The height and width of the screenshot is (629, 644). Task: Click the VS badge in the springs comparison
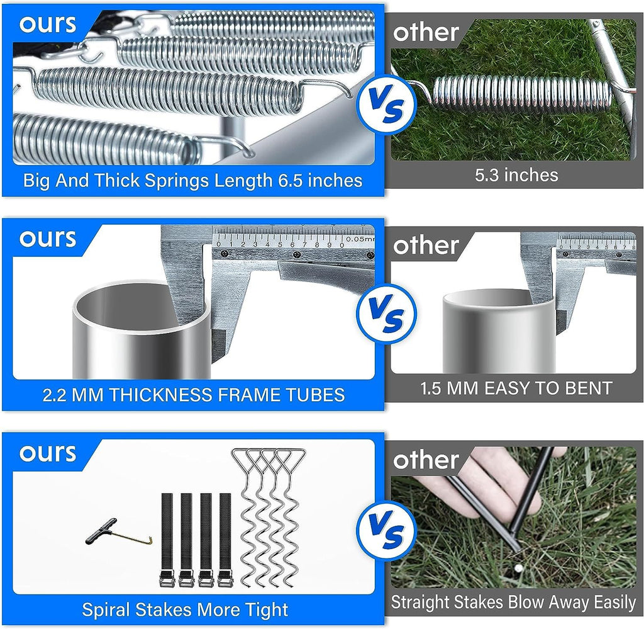pos(387,104)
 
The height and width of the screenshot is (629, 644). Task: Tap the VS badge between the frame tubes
pos(387,314)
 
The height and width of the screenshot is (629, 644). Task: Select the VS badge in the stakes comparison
pos(387,530)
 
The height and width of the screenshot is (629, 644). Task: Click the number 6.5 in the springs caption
pos(291,181)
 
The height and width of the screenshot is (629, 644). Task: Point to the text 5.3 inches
pos(516,175)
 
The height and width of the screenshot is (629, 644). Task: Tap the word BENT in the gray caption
pos(589,388)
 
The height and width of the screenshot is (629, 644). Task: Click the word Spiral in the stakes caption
pos(106,610)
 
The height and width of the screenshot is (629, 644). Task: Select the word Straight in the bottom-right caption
pos(418,603)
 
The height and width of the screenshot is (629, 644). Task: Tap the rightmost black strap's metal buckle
pos(225,580)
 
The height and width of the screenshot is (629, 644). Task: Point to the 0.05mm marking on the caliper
pos(360,239)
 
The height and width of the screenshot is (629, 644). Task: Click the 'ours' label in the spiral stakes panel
pos(48,453)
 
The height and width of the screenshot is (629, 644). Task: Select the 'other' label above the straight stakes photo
pos(426,460)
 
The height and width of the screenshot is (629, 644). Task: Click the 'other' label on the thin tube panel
pos(426,246)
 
